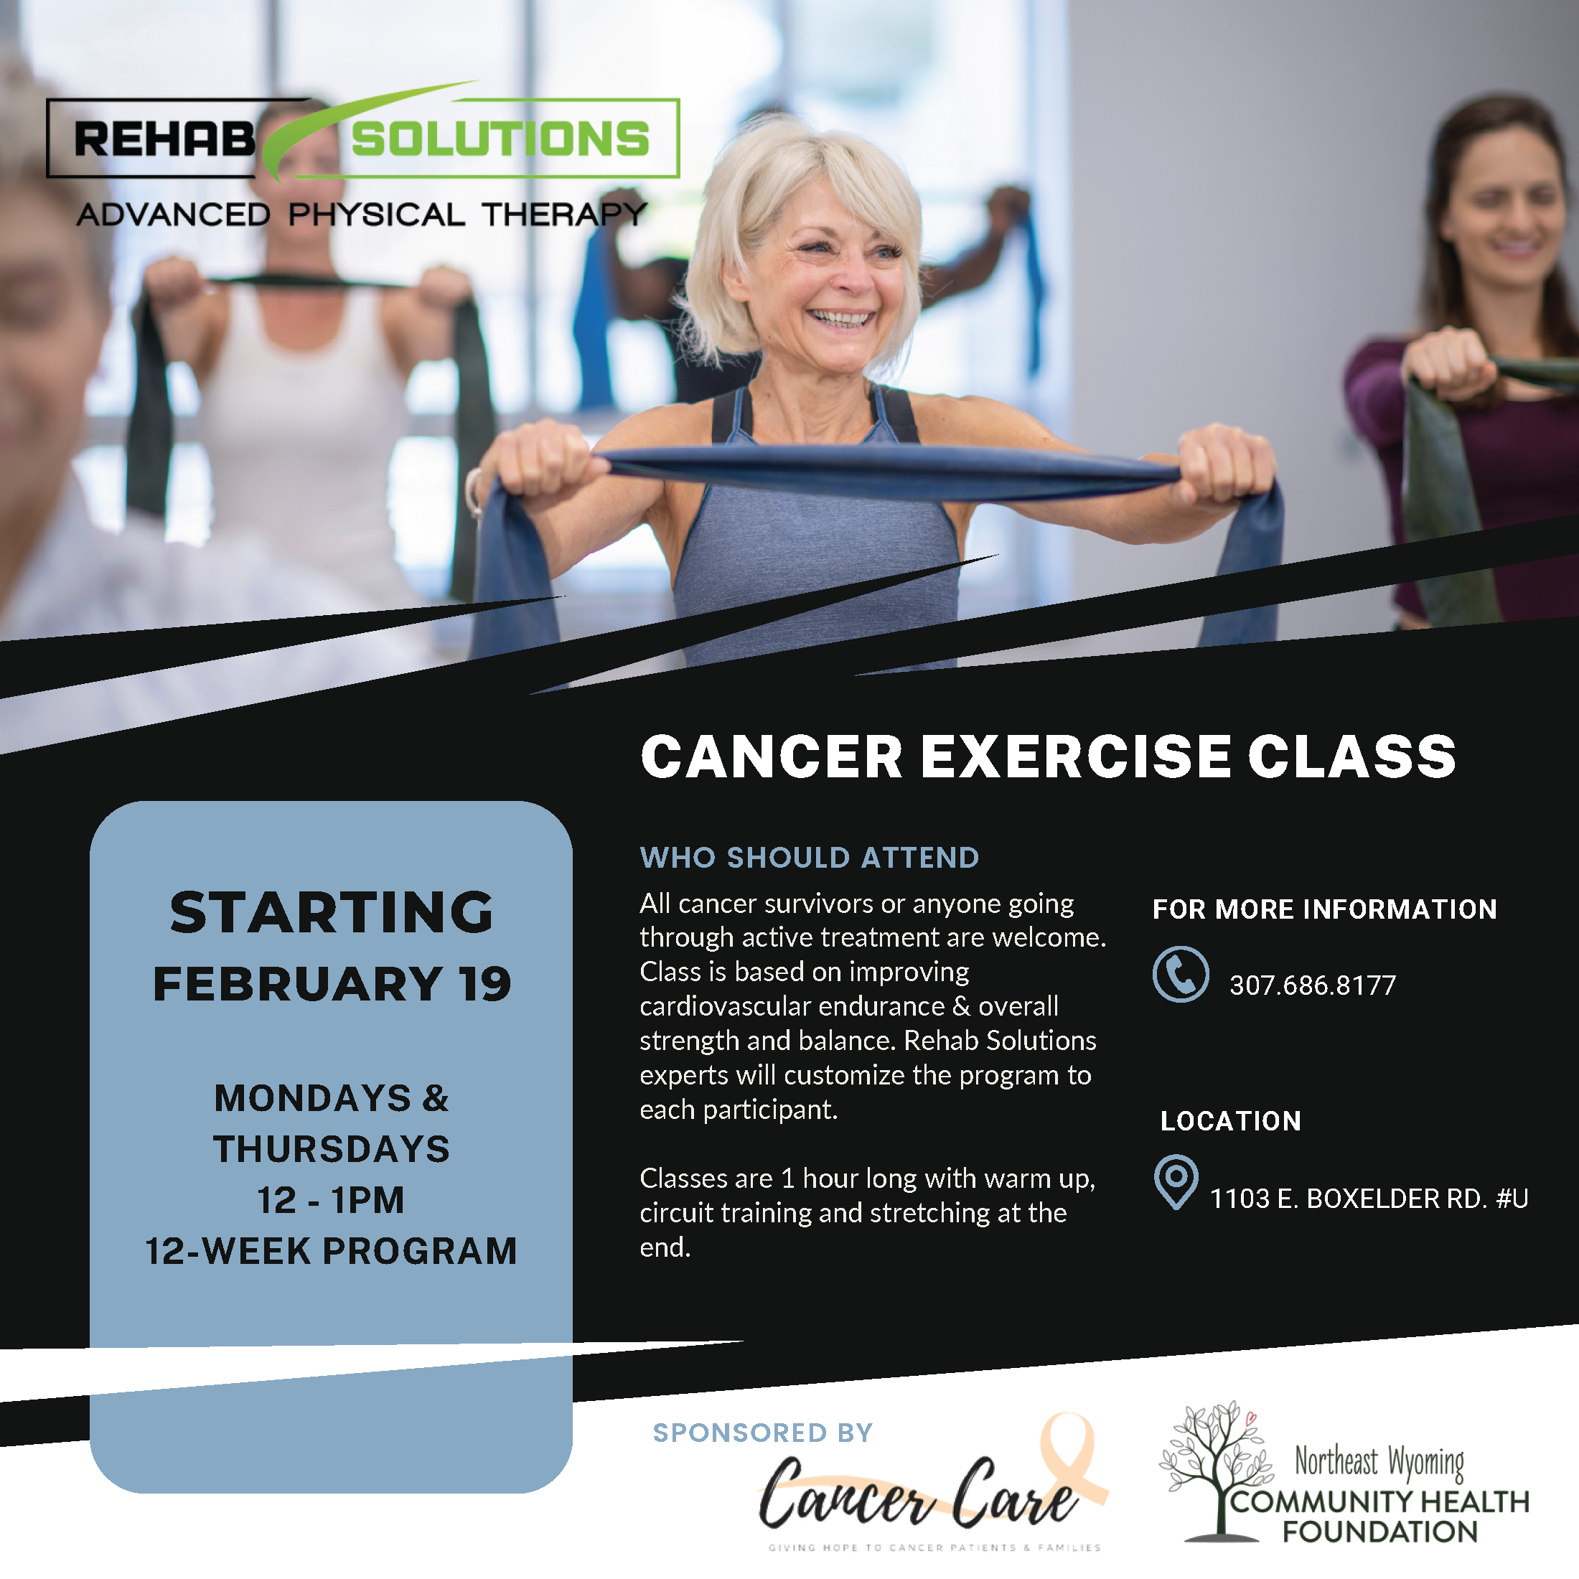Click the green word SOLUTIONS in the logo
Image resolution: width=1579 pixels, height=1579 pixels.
[x=500, y=139]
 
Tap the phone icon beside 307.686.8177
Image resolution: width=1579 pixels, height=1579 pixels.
[x=1180, y=974]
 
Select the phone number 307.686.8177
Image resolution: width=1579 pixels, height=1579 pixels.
[x=1313, y=985]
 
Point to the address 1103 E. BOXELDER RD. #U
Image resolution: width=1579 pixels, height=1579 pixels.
[x=1369, y=1199]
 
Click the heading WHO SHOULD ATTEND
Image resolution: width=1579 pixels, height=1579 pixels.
[x=809, y=858]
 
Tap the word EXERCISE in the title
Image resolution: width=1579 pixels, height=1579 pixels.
[x=1076, y=756]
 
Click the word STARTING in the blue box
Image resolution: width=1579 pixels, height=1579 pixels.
[x=331, y=912]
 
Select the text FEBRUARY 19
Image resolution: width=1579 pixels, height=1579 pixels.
[x=331, y=983]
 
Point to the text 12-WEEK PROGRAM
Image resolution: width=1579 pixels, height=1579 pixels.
[x=331, y=1251]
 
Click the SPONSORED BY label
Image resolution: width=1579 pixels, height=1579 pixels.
[x=762, y=1433]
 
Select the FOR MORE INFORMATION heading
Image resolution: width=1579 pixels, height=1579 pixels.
[x=1324, y=909]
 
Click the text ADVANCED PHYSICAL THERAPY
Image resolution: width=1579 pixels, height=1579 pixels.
[x=361, y=215]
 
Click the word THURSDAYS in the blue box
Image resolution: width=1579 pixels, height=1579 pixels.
[x=331, y=1149]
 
